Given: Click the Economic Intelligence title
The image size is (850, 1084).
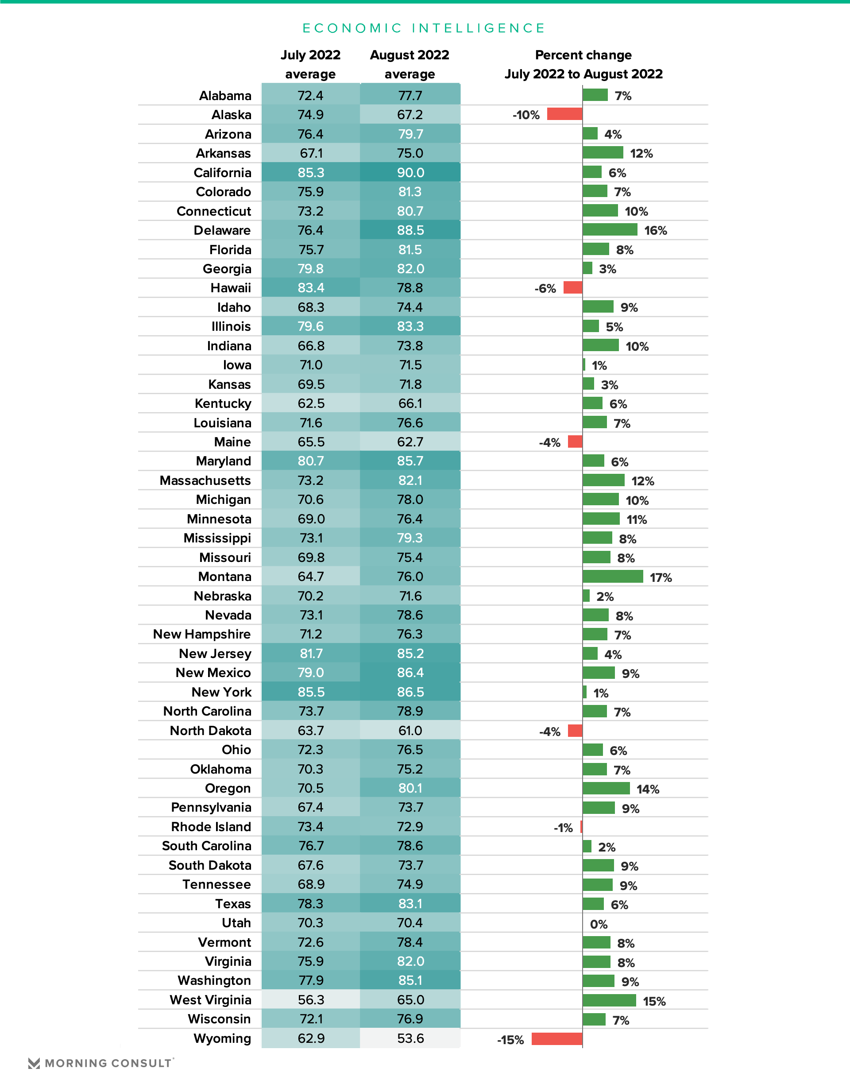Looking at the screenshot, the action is [x=424, y=28].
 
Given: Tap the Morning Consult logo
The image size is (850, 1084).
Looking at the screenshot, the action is [x=101, y=1063].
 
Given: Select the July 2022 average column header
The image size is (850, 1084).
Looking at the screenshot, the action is [x=310, y=64].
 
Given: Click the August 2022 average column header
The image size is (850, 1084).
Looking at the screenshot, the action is [x=410, y=64].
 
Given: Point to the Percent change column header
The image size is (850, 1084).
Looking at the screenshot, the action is [x=584, y=64].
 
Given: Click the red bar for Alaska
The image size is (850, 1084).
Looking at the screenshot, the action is [x=565, y=114].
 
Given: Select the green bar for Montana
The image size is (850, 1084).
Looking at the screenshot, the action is [x=613, y=577].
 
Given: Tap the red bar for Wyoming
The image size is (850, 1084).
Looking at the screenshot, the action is [x=557, y=1039].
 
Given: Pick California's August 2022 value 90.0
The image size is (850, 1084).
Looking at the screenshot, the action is [x=410, y=173].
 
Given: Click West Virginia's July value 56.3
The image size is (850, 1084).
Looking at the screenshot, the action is [x=311, y=1000].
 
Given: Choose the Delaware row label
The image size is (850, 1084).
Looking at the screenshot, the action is [x=222, y=230].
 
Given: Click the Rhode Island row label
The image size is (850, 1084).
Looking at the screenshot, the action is [x=211, y=827].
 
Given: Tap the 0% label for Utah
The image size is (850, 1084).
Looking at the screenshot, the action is [x=599, y=924].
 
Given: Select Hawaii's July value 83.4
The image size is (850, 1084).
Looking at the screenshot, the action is [x=311, y=288].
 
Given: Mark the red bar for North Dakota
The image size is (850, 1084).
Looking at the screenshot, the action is [x=575, y=730].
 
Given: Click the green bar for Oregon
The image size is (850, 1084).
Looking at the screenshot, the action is [x=606, y=788].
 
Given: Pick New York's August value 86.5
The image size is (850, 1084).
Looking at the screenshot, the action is [x=410, y=692].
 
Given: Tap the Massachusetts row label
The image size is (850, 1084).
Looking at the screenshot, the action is [x=205, y=480].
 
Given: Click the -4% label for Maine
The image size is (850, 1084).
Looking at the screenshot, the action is [x=549, y=442].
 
